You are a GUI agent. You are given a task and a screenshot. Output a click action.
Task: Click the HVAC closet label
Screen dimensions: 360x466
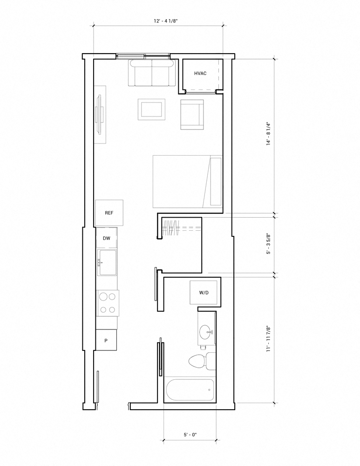[x=200, y=74]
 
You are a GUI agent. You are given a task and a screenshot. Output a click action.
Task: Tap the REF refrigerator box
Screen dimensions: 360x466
[x=109, y=213]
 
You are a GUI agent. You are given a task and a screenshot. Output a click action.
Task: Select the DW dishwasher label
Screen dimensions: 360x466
[x=106, y=238]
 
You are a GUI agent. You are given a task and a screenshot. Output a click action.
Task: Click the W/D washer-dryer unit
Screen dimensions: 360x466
[x=204, y=293]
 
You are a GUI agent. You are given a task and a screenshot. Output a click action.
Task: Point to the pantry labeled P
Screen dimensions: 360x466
[x=106, y=340]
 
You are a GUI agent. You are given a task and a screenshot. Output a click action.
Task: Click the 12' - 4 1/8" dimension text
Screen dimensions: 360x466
[x=166, y=21]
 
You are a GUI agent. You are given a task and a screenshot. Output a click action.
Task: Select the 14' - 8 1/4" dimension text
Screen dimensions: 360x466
[x=269, y=133]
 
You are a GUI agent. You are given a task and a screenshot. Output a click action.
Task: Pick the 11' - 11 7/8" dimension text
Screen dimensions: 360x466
[x=269, y=339]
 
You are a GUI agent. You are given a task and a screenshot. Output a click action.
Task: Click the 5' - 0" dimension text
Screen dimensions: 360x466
[x=190, y=435]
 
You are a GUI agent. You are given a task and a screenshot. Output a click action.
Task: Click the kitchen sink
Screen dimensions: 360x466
[x=107, y=263]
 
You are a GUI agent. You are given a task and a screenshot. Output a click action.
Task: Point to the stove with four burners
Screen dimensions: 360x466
[x=108, y=303]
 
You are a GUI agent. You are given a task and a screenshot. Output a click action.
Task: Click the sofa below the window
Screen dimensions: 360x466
[x=152, y=73]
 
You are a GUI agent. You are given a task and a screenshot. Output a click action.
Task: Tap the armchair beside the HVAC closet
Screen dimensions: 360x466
[x=192, y=115]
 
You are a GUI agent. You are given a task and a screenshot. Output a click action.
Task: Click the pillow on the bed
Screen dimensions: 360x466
[x=216, y=182]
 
